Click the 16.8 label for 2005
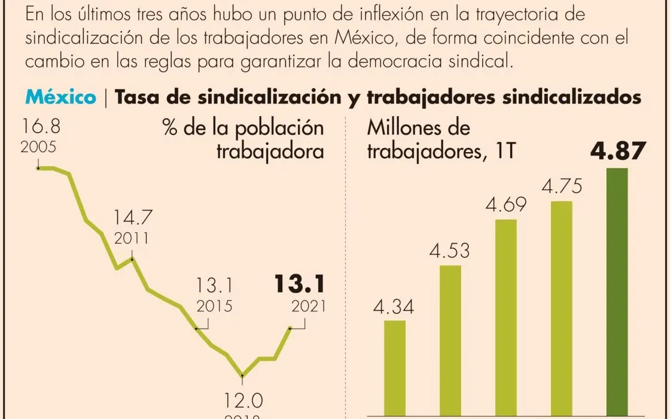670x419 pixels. (41, 127)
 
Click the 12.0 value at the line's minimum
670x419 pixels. (243, 399)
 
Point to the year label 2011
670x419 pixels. (132, 238)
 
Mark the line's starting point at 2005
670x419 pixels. (39, 168)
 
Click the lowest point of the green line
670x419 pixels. (242, 376)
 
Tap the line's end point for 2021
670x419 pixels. (290, 328)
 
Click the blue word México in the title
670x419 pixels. (60, 98)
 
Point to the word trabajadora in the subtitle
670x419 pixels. (270, 151)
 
